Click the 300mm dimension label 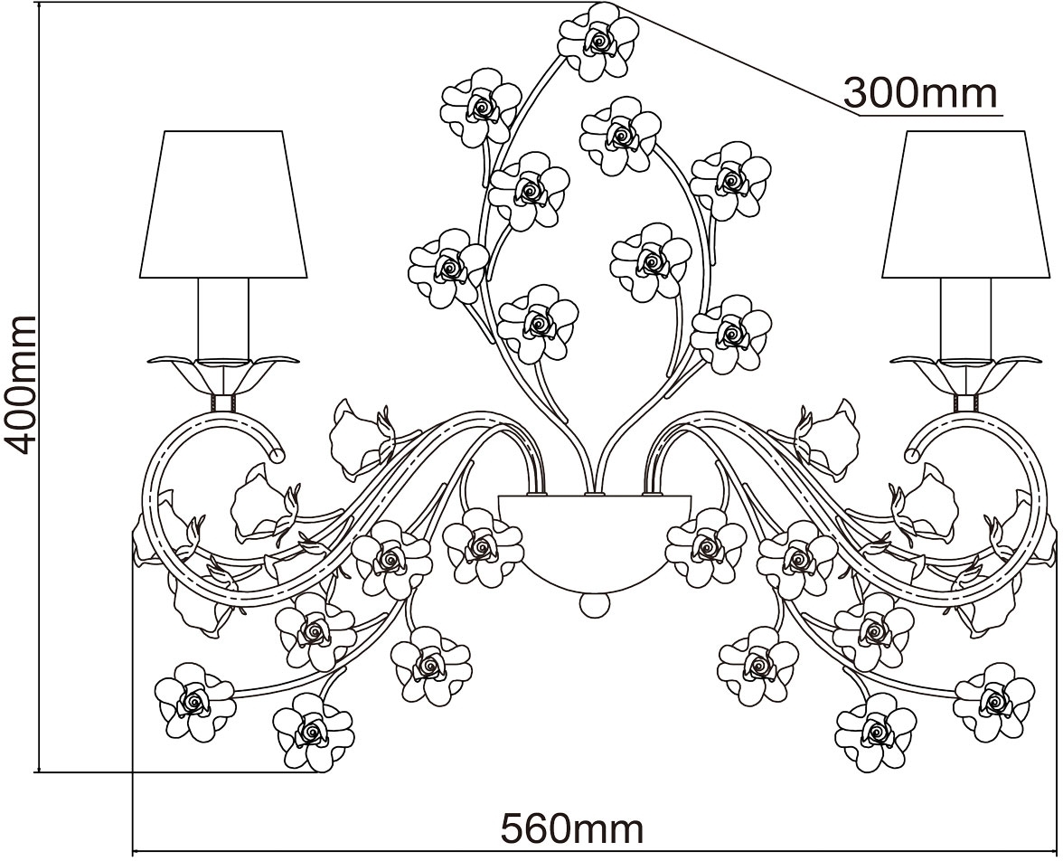920,93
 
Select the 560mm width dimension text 571,828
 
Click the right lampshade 965,204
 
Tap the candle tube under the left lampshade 223,318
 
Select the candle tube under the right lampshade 965,318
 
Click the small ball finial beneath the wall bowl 595,605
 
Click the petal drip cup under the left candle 223,373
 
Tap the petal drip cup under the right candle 965,373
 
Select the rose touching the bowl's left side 483,547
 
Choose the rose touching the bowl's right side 706,547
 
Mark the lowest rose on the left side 313,733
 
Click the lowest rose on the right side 877,733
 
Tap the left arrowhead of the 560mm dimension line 136,849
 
